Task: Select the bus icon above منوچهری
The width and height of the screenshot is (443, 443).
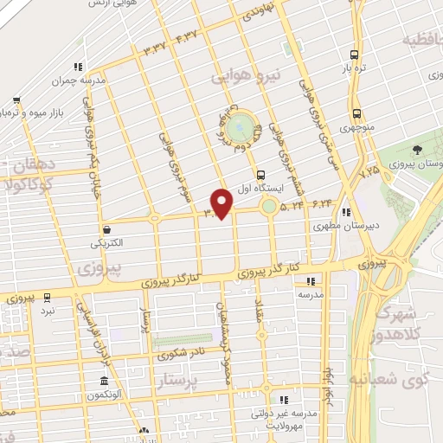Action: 356,113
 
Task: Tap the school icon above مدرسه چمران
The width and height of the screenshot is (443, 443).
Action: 78,67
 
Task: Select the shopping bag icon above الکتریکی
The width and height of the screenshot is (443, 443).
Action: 106,230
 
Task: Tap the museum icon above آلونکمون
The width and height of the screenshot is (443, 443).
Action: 104,382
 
